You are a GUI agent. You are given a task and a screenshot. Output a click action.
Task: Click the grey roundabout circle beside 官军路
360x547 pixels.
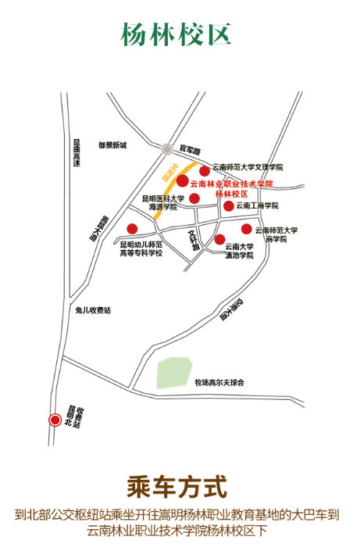(167, 149)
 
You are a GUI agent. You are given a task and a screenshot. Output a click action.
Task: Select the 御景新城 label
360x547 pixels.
(112, 145)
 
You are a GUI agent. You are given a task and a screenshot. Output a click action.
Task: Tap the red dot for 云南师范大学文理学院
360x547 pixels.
(205, 170)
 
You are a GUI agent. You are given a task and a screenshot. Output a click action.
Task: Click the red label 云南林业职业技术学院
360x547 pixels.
(232, 183)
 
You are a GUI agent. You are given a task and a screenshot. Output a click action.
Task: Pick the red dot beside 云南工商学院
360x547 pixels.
(229, 206)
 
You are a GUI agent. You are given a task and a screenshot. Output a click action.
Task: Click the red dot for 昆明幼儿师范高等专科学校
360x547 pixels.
(132, 229)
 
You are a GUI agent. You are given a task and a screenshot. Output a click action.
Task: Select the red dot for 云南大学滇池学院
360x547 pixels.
(220, 239)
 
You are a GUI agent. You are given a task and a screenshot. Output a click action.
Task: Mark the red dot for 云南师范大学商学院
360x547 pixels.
(247, 229)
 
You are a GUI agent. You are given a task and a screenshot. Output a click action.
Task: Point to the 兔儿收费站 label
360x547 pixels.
(93, 309)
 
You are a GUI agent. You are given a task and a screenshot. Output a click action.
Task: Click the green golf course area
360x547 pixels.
(175, 373)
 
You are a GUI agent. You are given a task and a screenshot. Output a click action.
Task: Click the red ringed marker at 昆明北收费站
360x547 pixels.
(55, 420)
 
